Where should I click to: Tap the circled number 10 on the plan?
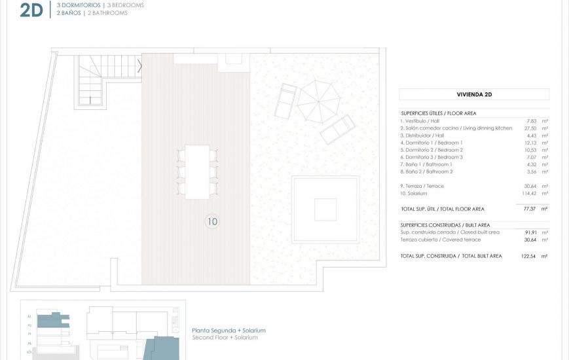(212, 221)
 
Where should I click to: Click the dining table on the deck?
(197, 171)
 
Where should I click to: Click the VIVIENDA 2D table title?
(474, 94)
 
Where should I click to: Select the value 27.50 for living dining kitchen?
(531, 128)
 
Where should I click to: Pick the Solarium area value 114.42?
(529, 193)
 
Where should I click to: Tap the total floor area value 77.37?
(530, 209)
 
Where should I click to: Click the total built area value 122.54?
(529, 256)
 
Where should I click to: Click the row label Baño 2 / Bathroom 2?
(426, 171)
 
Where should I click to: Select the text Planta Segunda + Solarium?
(229, 331)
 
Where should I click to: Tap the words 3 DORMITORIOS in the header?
(79, 5)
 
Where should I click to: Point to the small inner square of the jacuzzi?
(325, 209)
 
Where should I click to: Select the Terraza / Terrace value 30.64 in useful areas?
(531, 186)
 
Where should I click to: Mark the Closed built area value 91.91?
(531, 232)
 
